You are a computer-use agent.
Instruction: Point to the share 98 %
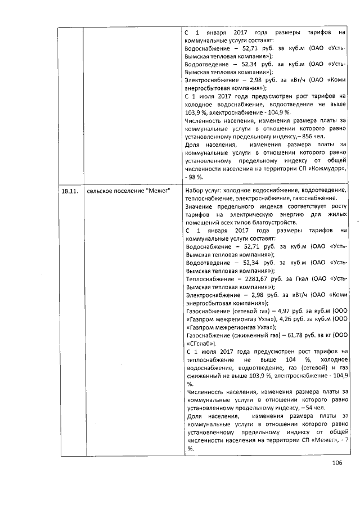pyautogui.click(x=195, y=177)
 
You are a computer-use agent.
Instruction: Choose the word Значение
pyautogui.click(x=201, y=206)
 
